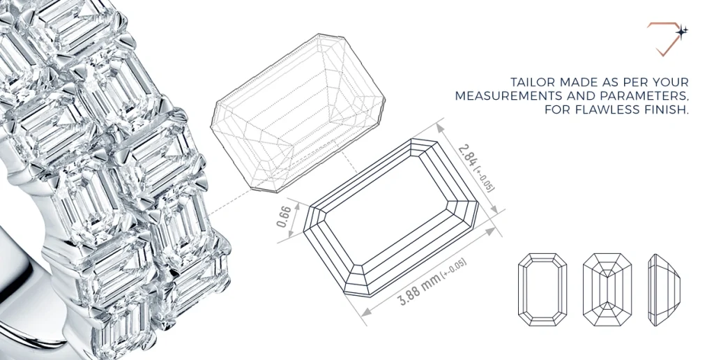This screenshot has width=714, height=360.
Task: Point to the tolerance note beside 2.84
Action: pos(480,178)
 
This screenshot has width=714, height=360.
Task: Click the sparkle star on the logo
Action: pos(682,31)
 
